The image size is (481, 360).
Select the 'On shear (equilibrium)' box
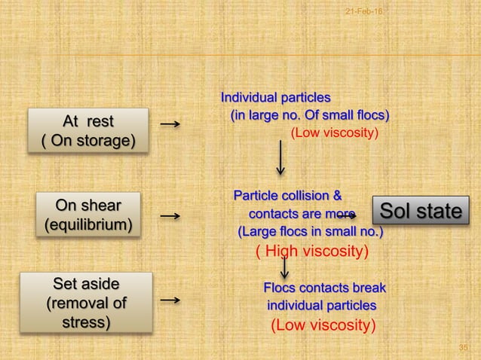coord(89,214)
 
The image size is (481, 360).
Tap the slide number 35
coord(464,346)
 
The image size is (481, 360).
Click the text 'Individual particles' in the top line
coord(275,98)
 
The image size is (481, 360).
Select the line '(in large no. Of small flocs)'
coord(309,115)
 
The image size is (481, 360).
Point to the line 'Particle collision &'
coord(287,197)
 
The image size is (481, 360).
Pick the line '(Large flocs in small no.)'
coord(310,230)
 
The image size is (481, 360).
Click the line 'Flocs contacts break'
coord(324,288)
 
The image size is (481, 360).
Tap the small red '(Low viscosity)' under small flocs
coord(334,133)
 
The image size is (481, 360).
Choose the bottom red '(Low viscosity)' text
coord(323,325)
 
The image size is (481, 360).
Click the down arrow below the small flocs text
coord(280,154)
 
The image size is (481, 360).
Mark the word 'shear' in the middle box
coord(100,203)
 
